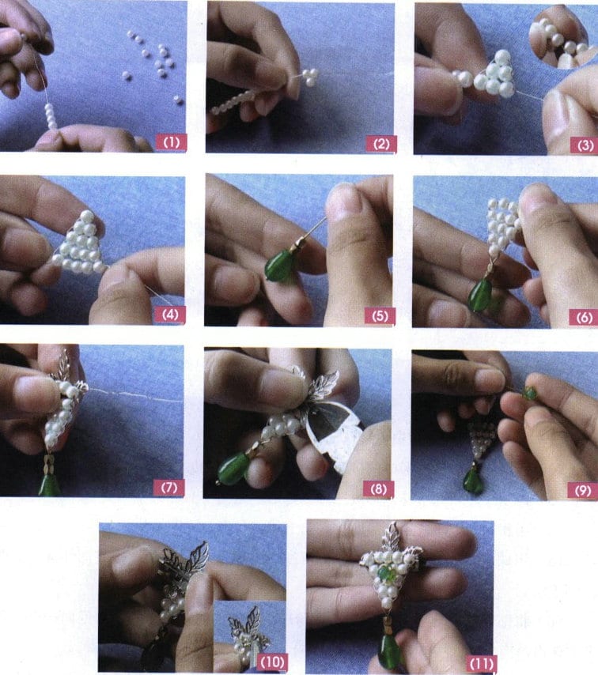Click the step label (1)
coord(172,143)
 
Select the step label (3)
coord(585,145)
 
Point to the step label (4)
coord(172,315)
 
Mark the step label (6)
coord(584,317)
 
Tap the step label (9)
coord(584,489)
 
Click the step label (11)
coord(480,660)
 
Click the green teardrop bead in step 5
coord(278,266)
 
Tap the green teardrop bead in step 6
coord(479,296)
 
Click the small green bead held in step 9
coord(528,392)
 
